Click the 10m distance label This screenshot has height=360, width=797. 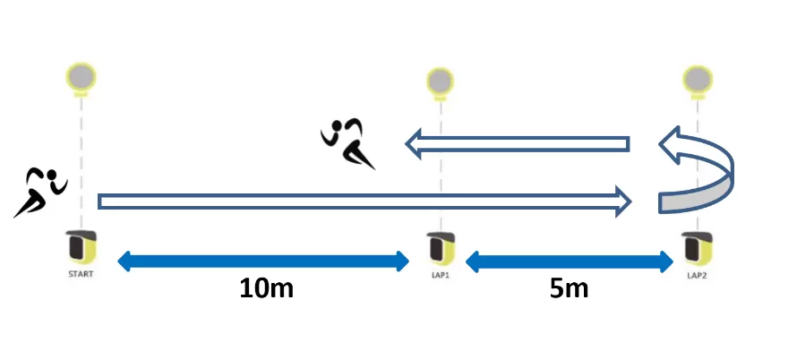click(267, 288)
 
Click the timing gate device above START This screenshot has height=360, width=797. click(81, 243)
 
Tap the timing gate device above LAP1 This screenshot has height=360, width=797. click(440, 244)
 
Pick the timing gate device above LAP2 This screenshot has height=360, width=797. click(692, 244)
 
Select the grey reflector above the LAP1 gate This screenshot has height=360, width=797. click(440, 81)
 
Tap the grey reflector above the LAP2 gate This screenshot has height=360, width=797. click(694, 79)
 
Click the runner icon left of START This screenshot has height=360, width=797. click(39, 191)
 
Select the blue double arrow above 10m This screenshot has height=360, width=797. click(263, 261)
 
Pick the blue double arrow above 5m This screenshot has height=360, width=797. click(570, 261)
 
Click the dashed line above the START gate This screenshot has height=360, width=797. click(81, 161)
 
